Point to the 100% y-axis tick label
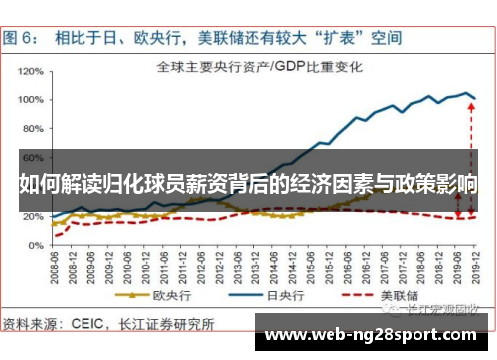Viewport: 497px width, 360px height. pos(30,98)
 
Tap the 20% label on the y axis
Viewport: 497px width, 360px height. pos(32,216)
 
